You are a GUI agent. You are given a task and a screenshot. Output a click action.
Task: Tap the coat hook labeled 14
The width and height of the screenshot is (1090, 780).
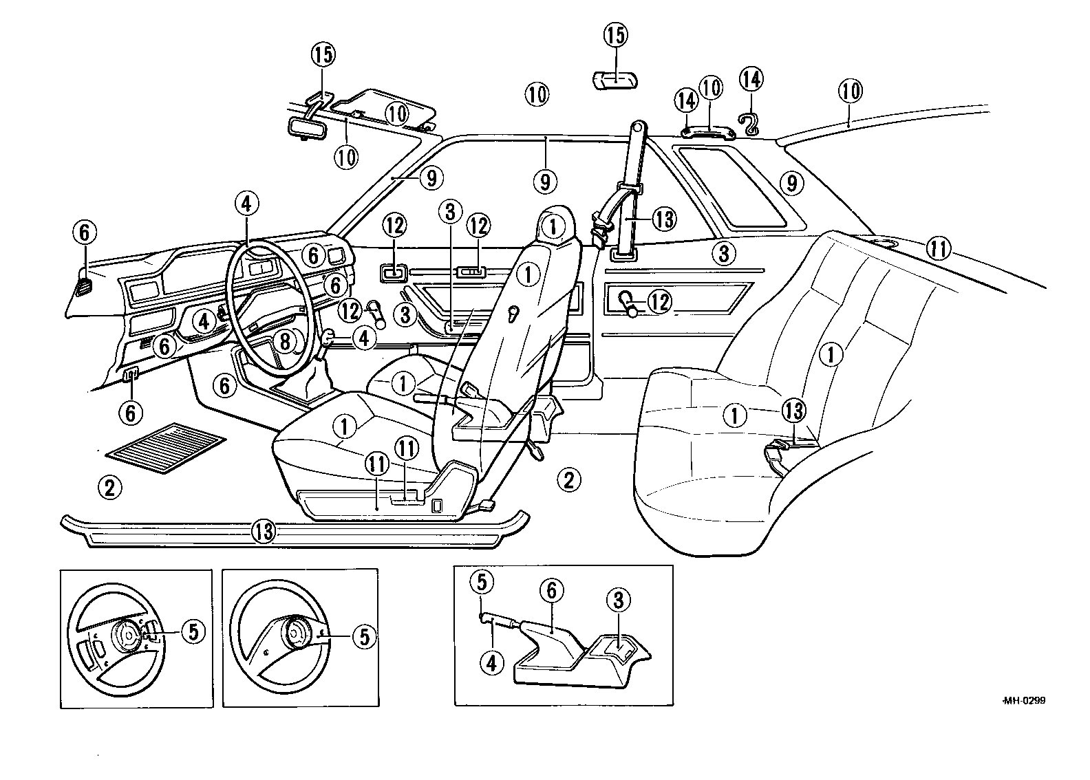pyautogui.click(x=749, y=123)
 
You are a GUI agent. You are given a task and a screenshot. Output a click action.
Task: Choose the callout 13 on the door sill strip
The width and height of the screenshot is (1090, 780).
pyautogui.click(x=263, y=530)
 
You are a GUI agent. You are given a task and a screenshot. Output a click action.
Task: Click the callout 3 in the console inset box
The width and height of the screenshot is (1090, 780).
pyautogui.click(x=618, y=600)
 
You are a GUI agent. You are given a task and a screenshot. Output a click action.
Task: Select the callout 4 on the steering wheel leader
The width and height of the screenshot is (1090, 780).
pyautogui.click(x=247, y=203)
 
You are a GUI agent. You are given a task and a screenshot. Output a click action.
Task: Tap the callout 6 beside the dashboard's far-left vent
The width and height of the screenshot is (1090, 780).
pyautogui.click(x=83, y=233)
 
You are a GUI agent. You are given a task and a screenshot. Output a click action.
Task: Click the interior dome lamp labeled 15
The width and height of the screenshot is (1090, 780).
pyautogui.click(x=616, y=79)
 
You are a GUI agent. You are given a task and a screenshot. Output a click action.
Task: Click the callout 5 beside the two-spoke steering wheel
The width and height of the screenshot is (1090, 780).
pyautogui.click(x=363, y=637)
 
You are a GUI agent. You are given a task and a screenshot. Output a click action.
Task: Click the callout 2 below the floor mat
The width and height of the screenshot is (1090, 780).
pyautogui.click(x=109, y=488)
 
